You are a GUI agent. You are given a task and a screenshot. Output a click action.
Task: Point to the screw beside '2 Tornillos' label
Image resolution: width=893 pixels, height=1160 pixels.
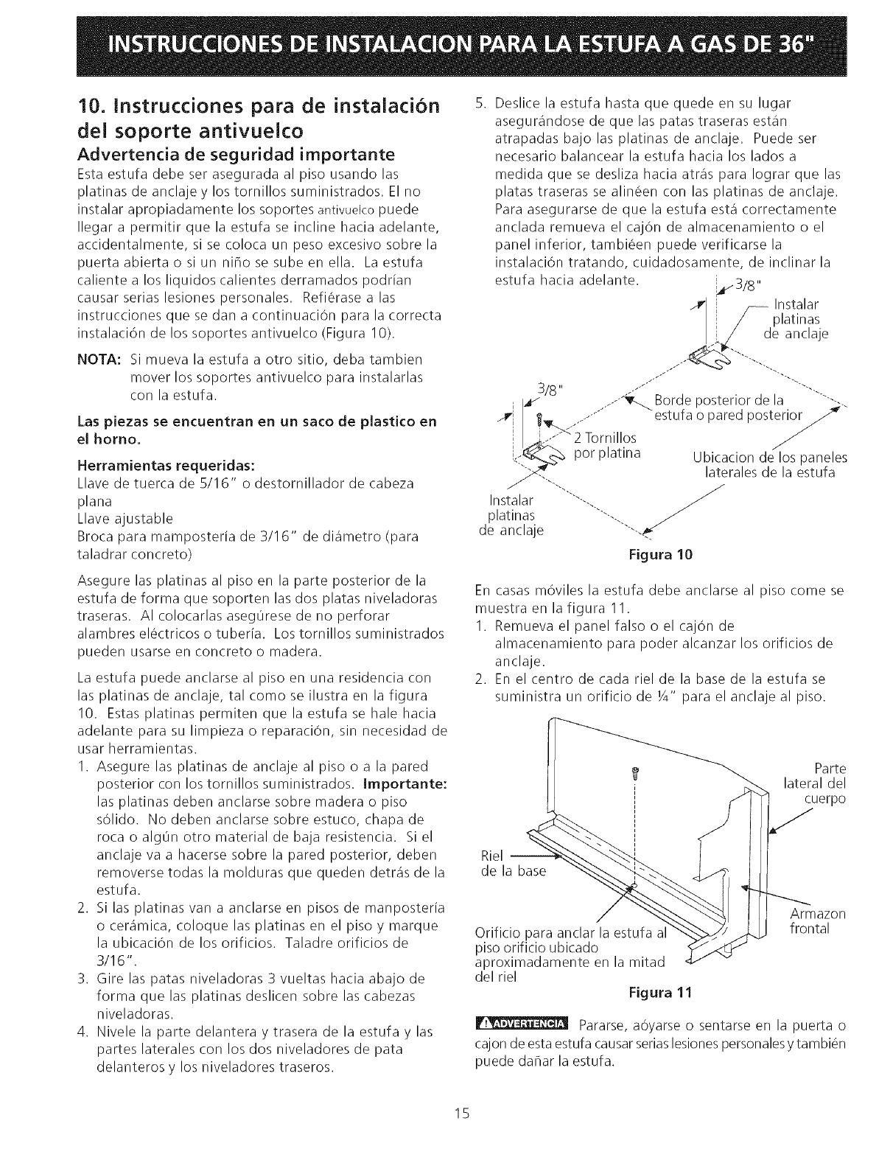point(542,422)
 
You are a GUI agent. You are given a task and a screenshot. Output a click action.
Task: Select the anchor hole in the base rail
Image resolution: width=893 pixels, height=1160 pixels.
point(633,885)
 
